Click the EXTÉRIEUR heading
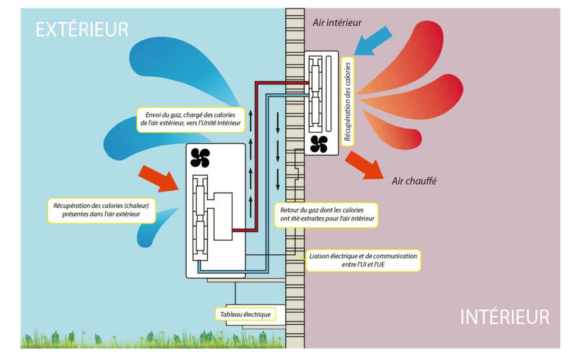point(82,29)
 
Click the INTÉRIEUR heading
point(504,317)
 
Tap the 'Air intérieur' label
point(337,23)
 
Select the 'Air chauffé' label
point(413,182)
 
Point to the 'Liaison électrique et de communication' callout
point(363,260)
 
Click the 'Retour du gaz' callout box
point(326,215)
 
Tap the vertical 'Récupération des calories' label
point(348,102)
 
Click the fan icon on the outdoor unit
point(200,158)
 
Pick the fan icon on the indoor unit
point(319,144)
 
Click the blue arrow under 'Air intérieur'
point(374,41)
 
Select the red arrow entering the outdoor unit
point(159,177)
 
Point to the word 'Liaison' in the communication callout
point(321,256)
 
